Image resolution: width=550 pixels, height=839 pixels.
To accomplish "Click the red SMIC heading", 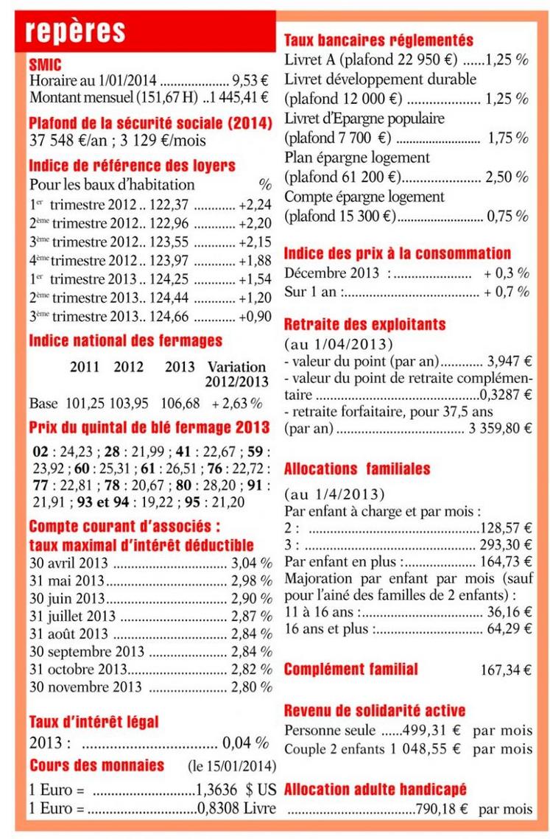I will pos(45,64).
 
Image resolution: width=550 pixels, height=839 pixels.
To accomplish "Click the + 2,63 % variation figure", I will pos(236,404).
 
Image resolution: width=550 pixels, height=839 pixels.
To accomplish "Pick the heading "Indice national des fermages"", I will pos(125,342).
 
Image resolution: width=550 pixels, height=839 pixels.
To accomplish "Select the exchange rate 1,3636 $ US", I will pos(236,790).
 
